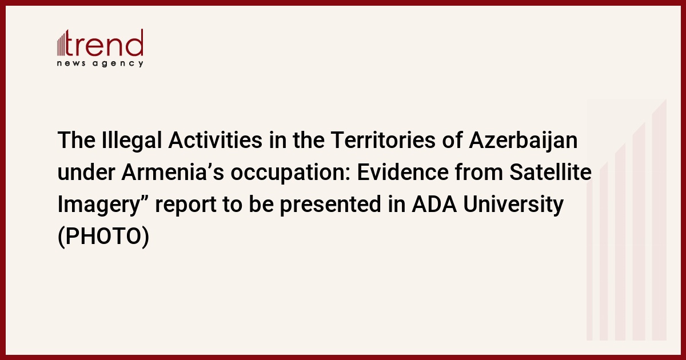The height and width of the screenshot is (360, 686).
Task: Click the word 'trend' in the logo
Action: click(104, 43)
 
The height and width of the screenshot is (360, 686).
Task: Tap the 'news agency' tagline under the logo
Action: click(100, 63)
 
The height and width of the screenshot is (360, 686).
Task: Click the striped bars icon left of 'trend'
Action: click(61, 43)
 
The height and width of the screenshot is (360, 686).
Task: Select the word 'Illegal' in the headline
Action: click(131, 140)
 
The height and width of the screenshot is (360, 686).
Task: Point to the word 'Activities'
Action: click(216, 140)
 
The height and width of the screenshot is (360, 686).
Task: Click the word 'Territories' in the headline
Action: click(383, 140)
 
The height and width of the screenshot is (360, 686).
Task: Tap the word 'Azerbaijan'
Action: click(523, 140)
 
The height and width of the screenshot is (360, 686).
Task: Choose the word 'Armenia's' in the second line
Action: click(173, 172)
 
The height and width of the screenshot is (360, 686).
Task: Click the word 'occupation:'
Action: click(290, 173)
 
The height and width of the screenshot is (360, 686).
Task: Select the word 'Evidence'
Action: click(402, 172)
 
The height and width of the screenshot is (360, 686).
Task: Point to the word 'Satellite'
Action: click(551, 172)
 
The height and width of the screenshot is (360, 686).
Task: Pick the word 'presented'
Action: click(330, 205)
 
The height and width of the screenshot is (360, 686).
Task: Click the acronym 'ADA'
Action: click(434, 204)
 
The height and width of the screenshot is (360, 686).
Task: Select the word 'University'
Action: click(513, 205)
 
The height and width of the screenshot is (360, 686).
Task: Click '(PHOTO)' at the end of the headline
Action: click(103, 237)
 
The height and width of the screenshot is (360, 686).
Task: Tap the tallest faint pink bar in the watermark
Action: click(659, 219)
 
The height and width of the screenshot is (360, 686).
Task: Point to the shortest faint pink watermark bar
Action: click(589, 260)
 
